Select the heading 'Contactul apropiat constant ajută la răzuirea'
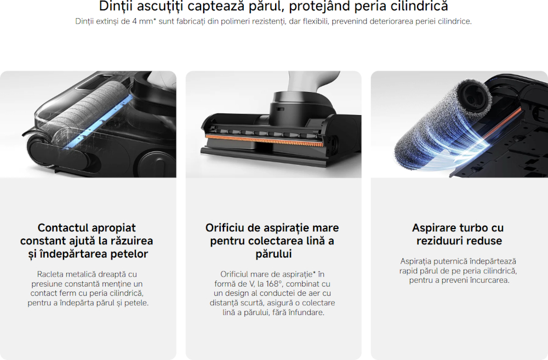(x=87, y=234)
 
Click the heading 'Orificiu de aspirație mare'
(x=272, y=228)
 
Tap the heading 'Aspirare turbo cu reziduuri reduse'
(x=459, y=234)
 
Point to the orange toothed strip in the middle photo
(x=264, y=140)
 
